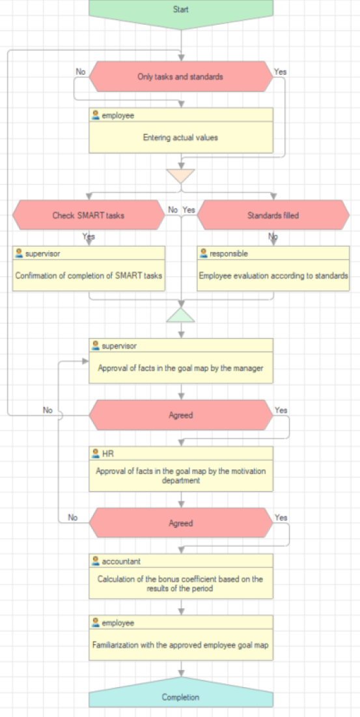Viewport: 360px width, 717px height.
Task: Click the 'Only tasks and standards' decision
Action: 180,77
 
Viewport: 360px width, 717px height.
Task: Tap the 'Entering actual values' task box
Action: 181,130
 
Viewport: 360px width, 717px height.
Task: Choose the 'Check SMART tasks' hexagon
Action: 89,215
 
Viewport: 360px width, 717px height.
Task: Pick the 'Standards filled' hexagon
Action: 273,215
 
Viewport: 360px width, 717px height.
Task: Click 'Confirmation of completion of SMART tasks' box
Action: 89,268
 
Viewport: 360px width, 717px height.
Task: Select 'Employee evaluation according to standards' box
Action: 273,268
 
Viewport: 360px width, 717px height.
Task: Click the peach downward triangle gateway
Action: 181,175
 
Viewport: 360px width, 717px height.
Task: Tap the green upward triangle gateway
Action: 181,315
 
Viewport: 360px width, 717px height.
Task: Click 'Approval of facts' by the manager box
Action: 181,360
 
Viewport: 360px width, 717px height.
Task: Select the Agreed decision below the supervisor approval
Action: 181,415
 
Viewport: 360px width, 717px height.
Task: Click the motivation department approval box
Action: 181,469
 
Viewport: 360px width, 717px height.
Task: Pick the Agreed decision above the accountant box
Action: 181,523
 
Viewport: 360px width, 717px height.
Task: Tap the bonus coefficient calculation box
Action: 181,576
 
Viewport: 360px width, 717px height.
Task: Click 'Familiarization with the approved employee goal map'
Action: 181,638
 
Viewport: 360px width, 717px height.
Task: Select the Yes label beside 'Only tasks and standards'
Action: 280,72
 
